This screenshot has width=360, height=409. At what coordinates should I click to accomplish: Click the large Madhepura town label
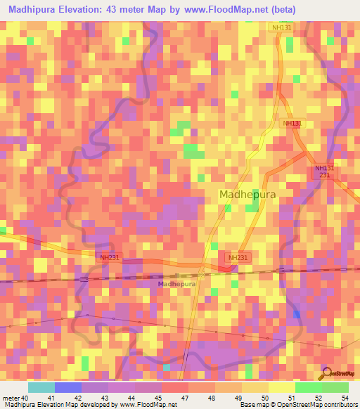click(247, 195)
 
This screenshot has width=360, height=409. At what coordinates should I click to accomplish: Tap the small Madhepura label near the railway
click(177, 284)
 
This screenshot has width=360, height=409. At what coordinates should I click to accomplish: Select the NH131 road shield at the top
click(283, 27)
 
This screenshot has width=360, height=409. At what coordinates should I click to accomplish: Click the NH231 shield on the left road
click(109, 258)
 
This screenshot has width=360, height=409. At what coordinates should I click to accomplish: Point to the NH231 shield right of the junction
click(238, 258)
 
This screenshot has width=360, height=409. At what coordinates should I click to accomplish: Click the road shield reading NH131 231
click(324, 171)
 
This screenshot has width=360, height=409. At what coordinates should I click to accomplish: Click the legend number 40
click(25, 398)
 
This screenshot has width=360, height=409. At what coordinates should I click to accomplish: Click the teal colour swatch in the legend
click(41, 387)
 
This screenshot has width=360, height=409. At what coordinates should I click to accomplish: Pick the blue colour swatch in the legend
click(68, 387)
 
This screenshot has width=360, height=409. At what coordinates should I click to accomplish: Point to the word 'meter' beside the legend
click(11, 398)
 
